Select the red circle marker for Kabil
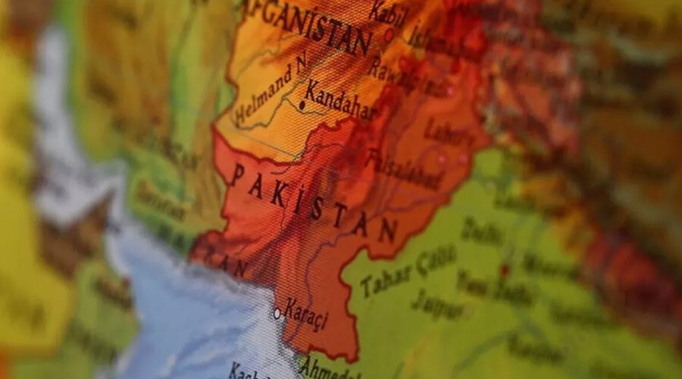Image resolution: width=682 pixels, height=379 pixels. click(389, 34)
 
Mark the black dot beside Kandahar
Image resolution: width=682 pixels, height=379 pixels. click(301, 106)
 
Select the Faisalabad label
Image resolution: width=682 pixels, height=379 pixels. click(402, 170)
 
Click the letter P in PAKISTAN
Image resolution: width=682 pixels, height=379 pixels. click(237, 177)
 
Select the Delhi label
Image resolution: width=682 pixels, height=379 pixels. click(482, 230)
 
